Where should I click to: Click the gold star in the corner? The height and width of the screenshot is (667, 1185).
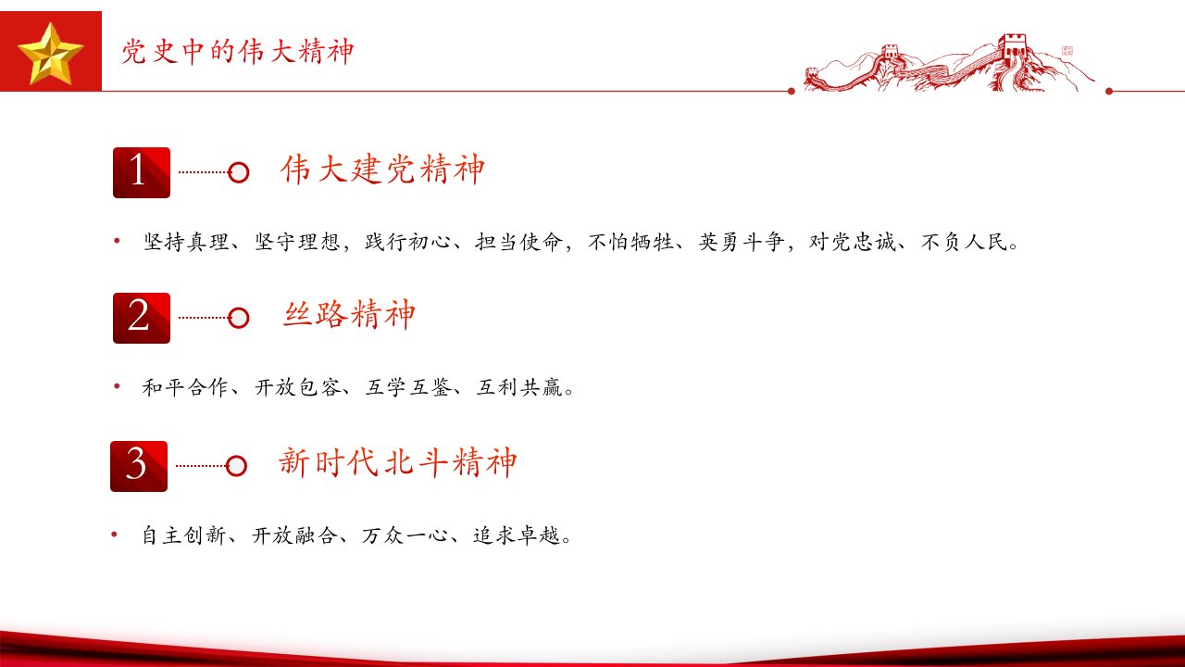tap(50, 54)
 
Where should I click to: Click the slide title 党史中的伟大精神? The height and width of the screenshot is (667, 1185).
tap(238, 52)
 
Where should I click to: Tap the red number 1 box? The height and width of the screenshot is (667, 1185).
tap(142, 172)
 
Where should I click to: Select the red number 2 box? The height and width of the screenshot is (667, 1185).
tap(142, 318)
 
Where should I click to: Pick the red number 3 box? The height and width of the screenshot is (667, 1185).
tap(139, 466)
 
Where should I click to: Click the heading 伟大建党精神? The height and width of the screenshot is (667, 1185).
tap(382, 170)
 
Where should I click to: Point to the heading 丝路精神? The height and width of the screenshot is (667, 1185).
tap(349, 314)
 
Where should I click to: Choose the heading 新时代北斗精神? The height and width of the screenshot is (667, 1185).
tap(398, 462)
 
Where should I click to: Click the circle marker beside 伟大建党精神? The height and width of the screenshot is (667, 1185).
tap(239, 172)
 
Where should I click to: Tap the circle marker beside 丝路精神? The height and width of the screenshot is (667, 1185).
tap(239, 318)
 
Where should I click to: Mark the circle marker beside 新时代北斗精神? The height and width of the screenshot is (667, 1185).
tap(236, 466)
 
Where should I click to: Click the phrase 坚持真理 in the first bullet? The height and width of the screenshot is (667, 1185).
tap(186, 242)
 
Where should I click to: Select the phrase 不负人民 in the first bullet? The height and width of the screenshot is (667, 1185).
tap(964, 242)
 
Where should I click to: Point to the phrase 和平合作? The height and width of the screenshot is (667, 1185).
tap(185, 387)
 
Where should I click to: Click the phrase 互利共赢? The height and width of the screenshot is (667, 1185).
tap(519, 387)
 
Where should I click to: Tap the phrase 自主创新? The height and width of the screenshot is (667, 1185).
tap(184, 535)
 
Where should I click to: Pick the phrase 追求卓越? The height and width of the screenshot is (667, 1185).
tap(517, 535)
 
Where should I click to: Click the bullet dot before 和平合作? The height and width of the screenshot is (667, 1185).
tap(117, 386)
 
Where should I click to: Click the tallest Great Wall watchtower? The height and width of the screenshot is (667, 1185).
tap(1013, 46)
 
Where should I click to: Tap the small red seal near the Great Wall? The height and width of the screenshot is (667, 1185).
tap(1067, 51)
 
